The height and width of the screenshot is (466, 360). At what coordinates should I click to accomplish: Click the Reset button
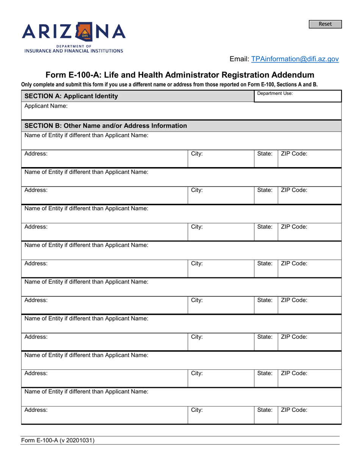[x=325, y=24]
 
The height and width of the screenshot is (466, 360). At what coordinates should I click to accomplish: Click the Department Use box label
[x=275, y=93]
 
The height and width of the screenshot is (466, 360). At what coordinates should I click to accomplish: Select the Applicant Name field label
[x=46, y=106]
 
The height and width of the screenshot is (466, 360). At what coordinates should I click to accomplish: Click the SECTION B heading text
[x=106, y=125]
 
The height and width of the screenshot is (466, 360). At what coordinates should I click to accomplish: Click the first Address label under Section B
[x=36, y=154]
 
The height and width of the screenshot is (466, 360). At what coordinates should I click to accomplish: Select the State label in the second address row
[x=265, y=190]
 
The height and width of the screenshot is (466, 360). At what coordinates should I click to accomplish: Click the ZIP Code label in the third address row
[x=294, y=227]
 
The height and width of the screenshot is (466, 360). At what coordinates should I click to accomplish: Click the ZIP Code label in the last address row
[x=294, y=410]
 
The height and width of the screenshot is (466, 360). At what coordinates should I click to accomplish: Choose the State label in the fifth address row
[x=265, y=300]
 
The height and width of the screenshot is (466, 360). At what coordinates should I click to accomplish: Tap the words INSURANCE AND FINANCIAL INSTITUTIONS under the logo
[x=74, y=51]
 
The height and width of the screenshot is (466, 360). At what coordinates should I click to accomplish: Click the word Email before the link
[x=239, y=59]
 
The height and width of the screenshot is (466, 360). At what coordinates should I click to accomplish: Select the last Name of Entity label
[x=86, y=391]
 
